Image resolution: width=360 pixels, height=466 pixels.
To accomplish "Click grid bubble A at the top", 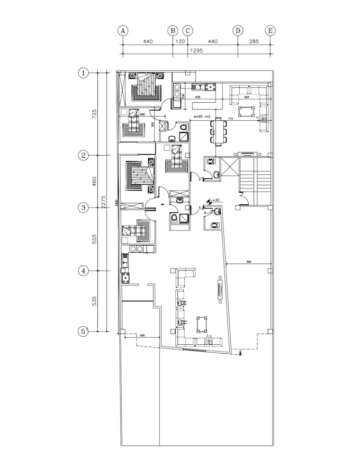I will [123, 31].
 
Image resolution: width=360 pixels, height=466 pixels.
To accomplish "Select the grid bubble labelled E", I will [271, 31].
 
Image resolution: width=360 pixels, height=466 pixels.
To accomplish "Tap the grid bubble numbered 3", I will [83, 208].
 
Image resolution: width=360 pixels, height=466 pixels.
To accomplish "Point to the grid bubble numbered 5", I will [83, 331].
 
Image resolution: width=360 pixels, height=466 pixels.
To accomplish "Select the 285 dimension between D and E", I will [255, 41].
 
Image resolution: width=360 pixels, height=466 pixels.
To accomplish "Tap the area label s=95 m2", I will [202, 116].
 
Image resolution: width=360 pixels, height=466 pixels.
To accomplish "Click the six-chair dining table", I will [218, 131].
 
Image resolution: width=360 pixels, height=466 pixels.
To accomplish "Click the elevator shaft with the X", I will [230, 168].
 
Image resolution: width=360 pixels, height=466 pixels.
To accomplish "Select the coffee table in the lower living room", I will [202, 323].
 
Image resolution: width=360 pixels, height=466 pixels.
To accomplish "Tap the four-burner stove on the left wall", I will [125, 277].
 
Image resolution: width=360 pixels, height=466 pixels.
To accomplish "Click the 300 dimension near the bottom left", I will [142, 336].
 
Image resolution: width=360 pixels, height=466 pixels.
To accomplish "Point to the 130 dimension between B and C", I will [181, 41].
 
